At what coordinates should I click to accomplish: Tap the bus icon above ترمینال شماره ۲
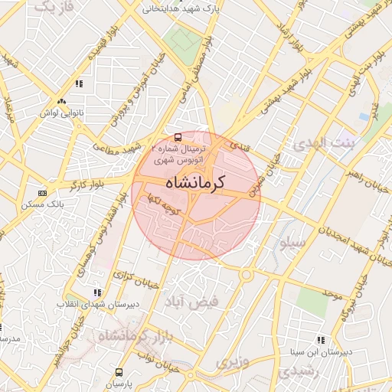point(178,137)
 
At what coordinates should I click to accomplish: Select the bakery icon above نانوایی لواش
point(61,101)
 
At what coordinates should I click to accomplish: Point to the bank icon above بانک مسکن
point(42,193)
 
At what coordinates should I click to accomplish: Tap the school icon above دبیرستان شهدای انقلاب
point(97,292)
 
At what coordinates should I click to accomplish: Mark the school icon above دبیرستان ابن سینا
point(320,339)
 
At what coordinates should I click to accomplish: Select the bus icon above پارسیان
point(118,371)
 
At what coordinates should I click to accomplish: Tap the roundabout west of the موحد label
point(247,274)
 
